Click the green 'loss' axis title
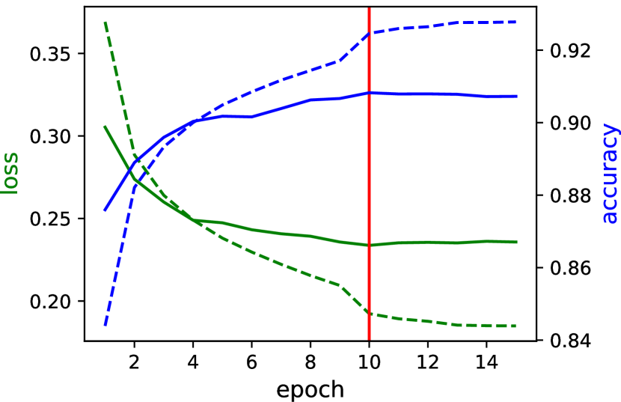(10, 173)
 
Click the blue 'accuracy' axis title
(610, 173)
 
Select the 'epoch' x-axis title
(310, 389)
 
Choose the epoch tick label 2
(134, 361)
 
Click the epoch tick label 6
(251, 361)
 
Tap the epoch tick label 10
(369, 361)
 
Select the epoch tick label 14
(486, 361)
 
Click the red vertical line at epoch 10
(369, 187)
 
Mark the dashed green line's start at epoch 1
(105, 23)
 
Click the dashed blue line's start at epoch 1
(105, 325)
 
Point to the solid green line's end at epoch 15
(516, 242)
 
